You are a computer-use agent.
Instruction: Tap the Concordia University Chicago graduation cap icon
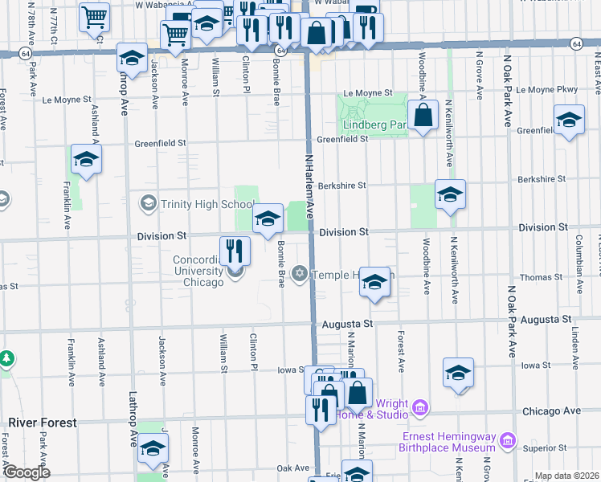(235, 272)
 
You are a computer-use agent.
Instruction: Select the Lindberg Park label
(375, 125)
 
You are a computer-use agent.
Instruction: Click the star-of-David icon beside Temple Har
(300, 275)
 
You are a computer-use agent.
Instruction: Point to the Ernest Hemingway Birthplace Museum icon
(507, 441)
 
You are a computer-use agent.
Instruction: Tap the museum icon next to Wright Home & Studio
(419, 410)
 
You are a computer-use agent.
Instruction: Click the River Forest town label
(42, 423)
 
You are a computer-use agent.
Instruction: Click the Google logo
(27, 472)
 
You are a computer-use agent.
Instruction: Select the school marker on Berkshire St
(450, 195)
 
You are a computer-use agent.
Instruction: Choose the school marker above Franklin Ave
(86, 159)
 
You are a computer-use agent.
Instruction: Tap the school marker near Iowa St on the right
(458, 374)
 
